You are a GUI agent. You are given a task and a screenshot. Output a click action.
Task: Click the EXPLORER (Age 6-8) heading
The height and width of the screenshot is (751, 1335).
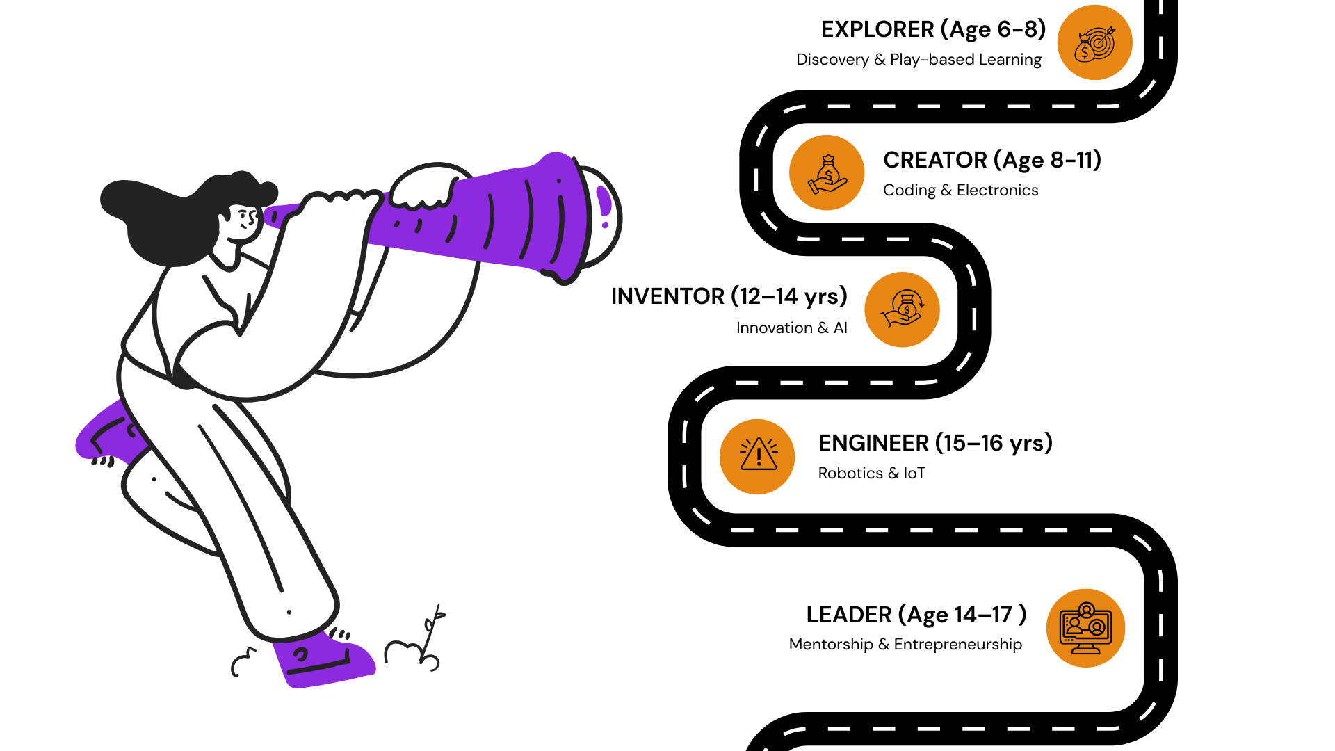click(x=933, y=30)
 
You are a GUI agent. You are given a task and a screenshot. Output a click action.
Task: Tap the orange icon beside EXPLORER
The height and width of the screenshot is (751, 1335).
click(x=1094, y=43)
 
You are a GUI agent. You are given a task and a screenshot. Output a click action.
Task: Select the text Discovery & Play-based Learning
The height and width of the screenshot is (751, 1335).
click(x=919, y=60)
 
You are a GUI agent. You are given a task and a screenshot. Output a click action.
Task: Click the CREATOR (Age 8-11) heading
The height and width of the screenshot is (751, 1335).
click(x=992, y=161)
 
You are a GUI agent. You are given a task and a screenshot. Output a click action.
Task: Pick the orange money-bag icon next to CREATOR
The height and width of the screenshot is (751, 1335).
click(x=827, y=173)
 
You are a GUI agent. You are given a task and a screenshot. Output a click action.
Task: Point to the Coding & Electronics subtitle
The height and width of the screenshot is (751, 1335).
click(x=960, y=191)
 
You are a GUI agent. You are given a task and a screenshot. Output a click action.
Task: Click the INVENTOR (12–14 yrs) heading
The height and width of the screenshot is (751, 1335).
click(x=729, y=297)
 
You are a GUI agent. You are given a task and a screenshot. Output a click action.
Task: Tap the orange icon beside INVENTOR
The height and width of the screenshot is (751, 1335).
click(x=902, y=309)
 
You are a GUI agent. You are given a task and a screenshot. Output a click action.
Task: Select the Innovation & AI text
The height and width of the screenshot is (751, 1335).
click(x=791, y=328)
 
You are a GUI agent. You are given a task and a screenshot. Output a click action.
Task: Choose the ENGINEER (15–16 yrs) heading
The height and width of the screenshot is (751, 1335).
click(x=935, y=444)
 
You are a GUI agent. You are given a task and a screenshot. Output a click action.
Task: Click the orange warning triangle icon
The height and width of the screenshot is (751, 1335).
click(x=757, y=457)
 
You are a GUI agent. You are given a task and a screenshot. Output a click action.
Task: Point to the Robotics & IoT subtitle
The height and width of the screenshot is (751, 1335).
click(x=871, y=474)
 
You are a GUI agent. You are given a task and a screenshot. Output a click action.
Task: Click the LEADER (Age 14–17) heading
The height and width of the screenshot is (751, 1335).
click(x=916, y=615)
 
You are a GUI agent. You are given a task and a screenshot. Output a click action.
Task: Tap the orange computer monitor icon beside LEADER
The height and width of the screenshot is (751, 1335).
click(x=1085, y=629)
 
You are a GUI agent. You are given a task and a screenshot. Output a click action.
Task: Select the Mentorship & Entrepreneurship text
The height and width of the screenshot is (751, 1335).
click(x=905, y=645)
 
